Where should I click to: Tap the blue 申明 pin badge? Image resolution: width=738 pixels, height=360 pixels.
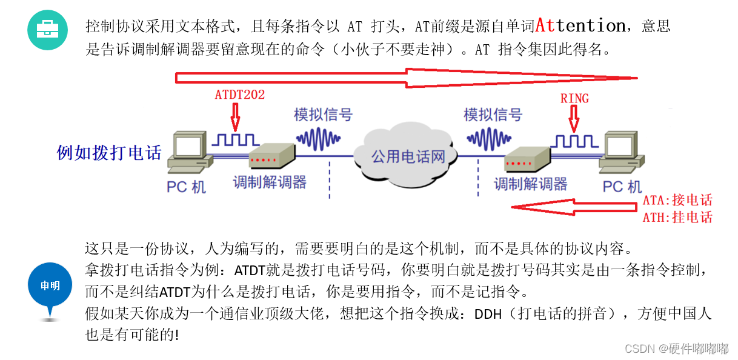50,285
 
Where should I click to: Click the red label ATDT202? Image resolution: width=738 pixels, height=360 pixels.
240,95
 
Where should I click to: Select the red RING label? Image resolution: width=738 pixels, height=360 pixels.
574,98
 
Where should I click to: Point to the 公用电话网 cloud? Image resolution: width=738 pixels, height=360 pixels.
408,156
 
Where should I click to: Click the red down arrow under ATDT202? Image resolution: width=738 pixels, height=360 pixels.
236,114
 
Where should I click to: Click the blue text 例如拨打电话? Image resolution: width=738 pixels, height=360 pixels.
109,152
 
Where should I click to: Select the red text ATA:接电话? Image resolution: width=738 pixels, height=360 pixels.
677,201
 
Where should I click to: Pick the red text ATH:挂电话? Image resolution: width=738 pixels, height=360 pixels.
677,217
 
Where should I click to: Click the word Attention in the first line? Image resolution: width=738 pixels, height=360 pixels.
580,26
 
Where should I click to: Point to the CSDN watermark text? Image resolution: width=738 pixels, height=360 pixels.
676,348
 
